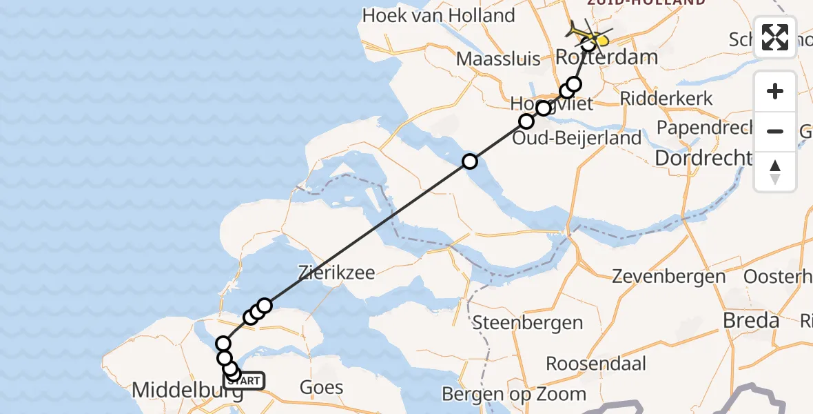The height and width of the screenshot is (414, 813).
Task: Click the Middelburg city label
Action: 186,391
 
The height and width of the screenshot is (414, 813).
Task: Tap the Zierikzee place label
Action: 337,272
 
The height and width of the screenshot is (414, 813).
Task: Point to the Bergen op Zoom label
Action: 514,394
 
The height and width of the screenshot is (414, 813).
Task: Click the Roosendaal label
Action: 590,363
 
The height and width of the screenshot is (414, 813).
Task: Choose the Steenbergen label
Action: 527,322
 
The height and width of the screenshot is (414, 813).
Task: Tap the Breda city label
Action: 750,320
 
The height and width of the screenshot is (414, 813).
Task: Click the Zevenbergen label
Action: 669,277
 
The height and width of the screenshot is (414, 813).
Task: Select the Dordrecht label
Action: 702,158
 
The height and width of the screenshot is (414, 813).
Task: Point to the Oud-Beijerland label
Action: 578,138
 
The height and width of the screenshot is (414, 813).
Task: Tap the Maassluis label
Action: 498,58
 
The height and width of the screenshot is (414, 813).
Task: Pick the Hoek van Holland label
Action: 438,15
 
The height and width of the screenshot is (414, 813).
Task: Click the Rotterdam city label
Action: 606,57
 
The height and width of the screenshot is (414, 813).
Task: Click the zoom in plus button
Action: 775,92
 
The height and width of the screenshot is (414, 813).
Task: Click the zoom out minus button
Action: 775,131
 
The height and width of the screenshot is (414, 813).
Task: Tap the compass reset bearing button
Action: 775,171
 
